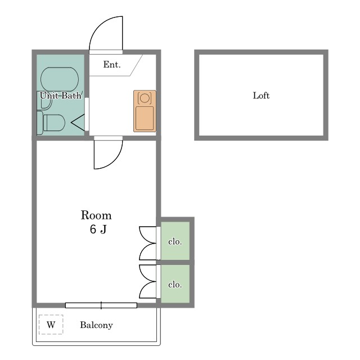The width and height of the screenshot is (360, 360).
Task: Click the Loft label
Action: (x=261, y=96)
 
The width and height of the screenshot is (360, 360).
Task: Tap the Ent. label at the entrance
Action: (x=112, y=65)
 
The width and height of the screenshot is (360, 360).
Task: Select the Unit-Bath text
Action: (x=61, y=96)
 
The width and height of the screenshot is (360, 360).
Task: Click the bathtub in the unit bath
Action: (x=60, y=79)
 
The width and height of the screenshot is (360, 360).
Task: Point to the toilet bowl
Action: (x=54, y=123)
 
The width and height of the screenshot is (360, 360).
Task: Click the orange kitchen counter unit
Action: (x=145, y=111)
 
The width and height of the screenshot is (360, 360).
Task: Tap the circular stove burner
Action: (x=145, y=98)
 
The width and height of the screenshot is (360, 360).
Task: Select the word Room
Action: (x=96, y=215)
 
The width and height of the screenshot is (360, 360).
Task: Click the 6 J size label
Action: (x=98, y=229)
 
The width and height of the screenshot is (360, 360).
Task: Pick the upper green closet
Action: (x=175, y=241)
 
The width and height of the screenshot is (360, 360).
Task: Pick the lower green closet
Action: (x=175, y=283)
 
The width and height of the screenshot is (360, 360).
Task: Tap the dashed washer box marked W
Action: (x=51, y=325)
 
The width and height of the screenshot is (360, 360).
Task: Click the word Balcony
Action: (x=96, y=325)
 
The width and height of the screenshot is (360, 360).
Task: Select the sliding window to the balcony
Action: (x=101, y=305)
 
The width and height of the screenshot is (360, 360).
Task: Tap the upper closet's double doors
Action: (x=147, y=243)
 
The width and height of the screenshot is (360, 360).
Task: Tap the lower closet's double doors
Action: (x=147, y=282)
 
